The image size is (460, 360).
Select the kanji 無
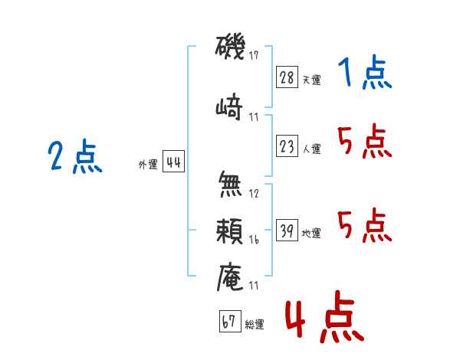[230, 184]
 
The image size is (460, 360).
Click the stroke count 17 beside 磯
[255, 56]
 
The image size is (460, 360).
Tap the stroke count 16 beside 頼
[255, 239]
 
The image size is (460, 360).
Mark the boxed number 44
[173, 163]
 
